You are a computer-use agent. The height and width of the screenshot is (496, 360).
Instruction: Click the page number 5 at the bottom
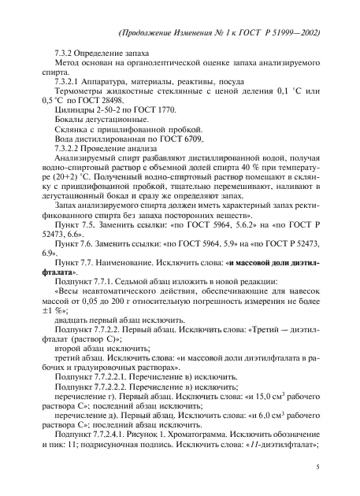[316, 468]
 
